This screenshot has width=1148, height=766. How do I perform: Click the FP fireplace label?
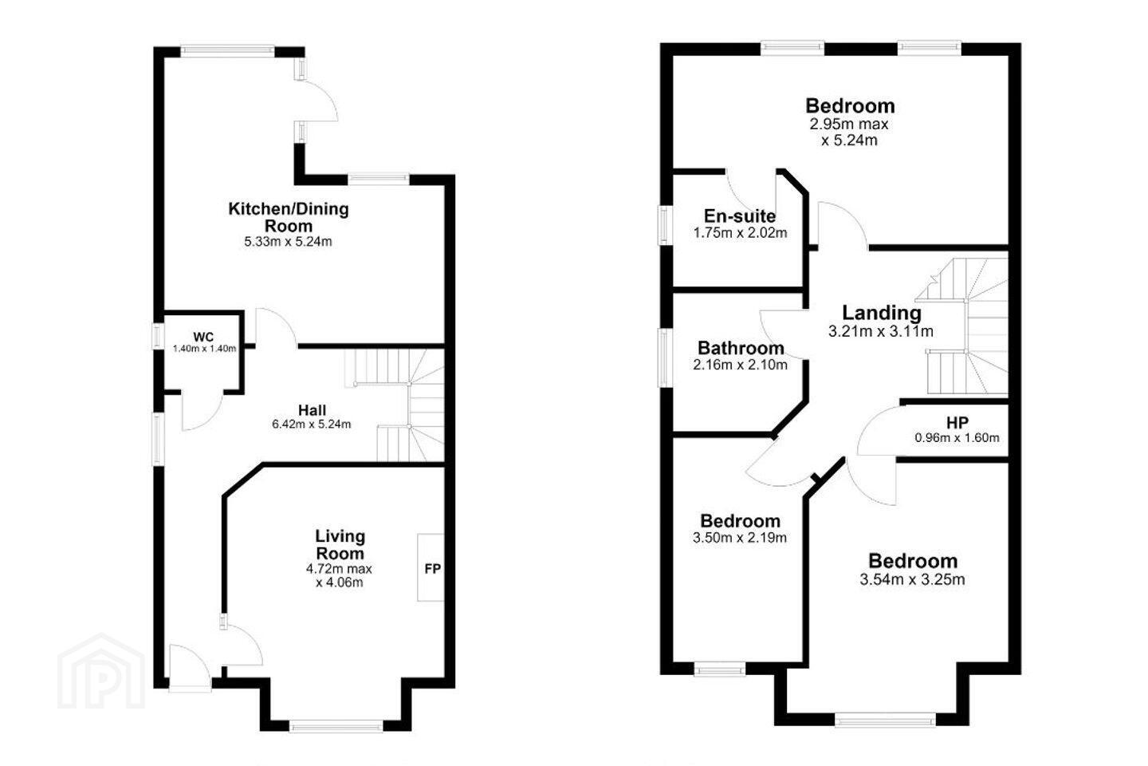pos(433,569)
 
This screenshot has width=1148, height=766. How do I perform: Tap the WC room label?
pos(203,337)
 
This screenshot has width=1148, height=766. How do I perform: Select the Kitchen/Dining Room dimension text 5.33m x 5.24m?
pos(288,242)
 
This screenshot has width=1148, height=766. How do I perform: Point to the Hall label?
pos(313,410)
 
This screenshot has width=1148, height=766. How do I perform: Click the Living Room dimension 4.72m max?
pos(340,569)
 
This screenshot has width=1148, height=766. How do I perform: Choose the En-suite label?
pos(740,216)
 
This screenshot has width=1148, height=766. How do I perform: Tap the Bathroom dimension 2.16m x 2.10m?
pos(740,365)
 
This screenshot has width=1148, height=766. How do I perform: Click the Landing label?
pos(882,313)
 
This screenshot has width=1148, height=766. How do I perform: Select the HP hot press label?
pos(957,423)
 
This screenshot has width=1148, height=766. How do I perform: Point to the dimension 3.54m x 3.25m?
pos(912,580)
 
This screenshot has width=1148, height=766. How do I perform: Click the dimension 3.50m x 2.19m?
pos(740,538)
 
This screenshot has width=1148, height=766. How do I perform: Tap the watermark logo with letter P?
pos(101,671)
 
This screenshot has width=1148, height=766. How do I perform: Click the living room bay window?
pos(336,725)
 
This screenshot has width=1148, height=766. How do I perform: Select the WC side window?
pos(159,337)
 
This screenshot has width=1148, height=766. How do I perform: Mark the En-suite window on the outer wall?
pos(666,225)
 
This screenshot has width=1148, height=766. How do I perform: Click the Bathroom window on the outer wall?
pos(665,357)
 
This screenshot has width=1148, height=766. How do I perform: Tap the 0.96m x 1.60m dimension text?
pos(957,438)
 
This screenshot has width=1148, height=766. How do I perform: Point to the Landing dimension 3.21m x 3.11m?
pos(880,331)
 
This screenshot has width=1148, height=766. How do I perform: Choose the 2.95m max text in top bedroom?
pos(849,124)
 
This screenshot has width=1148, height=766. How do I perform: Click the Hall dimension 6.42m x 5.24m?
pos(312,424)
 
